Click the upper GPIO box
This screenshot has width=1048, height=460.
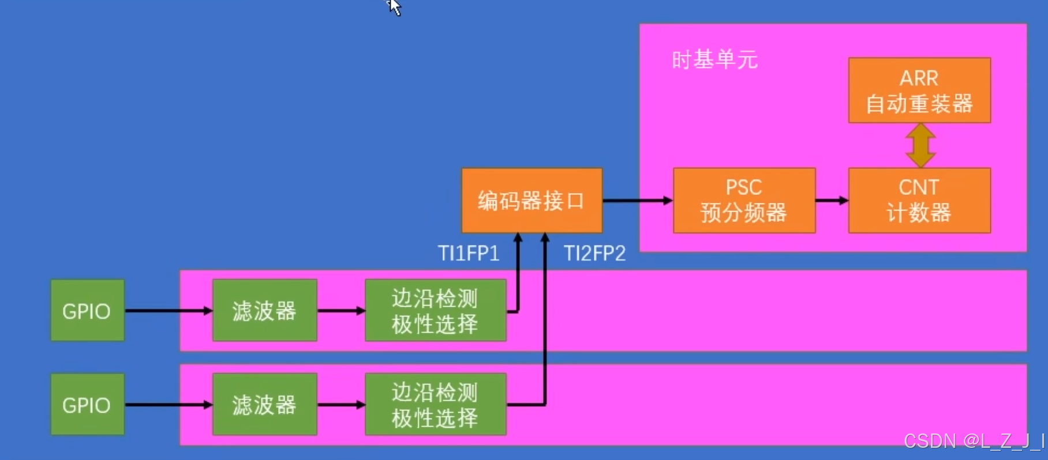pos(87,310)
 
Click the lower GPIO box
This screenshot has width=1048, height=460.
pos(87,404)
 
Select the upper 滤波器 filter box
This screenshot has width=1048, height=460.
pos(264,310)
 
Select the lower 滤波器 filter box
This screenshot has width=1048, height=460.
pos(264,404)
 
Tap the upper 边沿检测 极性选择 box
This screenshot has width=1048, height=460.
pos(435,310)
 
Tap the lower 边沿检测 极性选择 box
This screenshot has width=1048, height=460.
pos(435,404)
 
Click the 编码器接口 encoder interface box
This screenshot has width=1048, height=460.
pos(532,201)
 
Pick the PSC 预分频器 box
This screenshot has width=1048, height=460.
pos(744,201)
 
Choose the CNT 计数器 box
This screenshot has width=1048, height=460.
pos(919,201)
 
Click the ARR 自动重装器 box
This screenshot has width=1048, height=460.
pos(919,91)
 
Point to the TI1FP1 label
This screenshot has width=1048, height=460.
pos(468,254)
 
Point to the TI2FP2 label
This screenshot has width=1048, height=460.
pos(594,254)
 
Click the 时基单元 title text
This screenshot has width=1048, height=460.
pos(714,60)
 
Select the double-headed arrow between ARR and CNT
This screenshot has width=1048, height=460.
pos(920,145)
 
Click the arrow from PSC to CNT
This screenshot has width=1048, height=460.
pos(832,201)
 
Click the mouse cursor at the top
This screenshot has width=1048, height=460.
pos(394,7)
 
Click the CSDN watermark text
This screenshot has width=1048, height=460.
pos(974,441)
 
